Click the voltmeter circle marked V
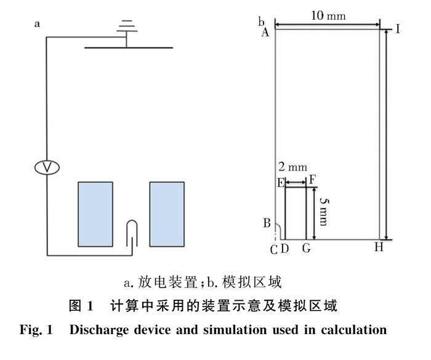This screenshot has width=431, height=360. point(47,167)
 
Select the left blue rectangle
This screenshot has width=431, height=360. point(95,213)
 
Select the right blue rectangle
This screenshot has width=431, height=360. point(167,213)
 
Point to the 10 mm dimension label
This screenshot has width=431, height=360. point(327,15)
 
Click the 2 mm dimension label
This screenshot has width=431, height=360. point(292,167)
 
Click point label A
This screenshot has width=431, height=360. point(265,33)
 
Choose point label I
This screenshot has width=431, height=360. point(398,29)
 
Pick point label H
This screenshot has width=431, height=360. point(379,247)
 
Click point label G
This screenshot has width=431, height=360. point(306,248)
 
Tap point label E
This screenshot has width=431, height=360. point(281,183)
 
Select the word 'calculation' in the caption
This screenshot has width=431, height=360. point(350,329)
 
